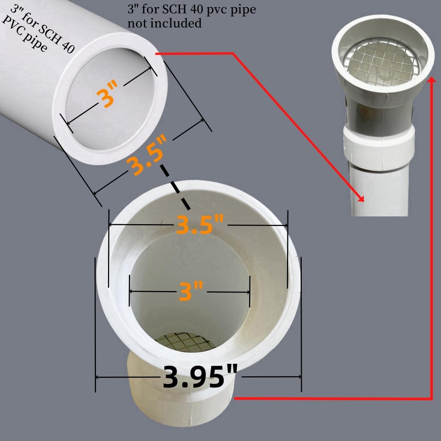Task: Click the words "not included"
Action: coord(165,24)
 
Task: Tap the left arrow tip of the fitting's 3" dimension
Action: coord(130,292)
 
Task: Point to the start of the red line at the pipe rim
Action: coord(156,54)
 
